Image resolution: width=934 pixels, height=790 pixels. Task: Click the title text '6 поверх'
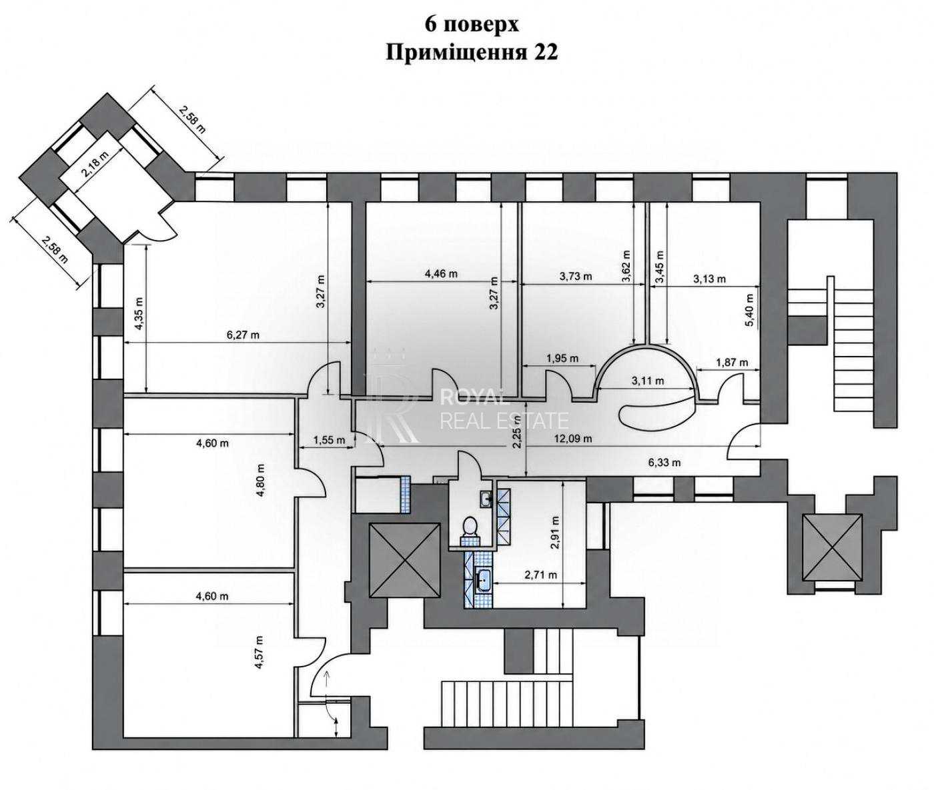(471, 25)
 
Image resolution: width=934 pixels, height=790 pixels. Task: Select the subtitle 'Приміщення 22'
(471, 53)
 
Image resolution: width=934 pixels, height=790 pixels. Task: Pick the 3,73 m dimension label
(576, 276)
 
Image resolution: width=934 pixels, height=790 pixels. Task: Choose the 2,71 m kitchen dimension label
(540, 575)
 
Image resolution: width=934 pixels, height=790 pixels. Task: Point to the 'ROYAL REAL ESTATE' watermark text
(504, 409)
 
